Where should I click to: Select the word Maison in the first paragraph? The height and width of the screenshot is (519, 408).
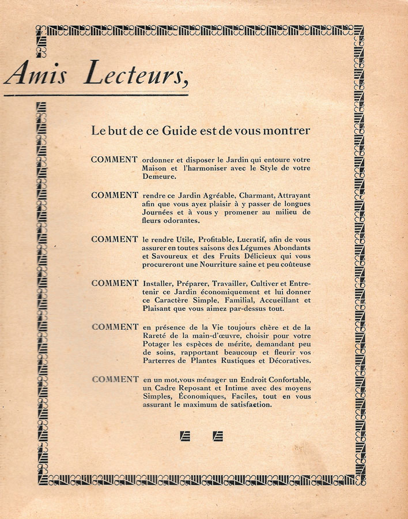[155, 168]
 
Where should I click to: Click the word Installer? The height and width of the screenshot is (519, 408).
[157, 283]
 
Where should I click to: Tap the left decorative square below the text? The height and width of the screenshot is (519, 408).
[185, 437]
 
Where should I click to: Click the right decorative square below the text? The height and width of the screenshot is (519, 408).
[218, 437]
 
